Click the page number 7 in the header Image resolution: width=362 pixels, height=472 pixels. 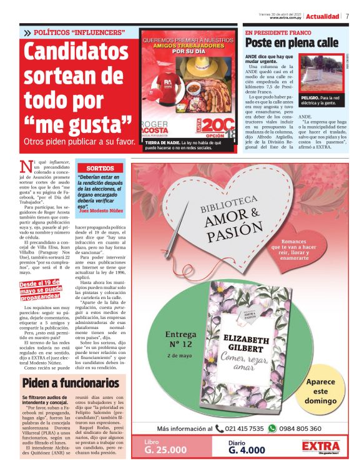click(347, 16)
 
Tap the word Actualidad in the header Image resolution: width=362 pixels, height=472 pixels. click(323, 16)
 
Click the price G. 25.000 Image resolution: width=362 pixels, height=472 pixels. click(165, 449)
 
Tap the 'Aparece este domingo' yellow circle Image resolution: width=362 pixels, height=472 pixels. click(325, 391)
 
